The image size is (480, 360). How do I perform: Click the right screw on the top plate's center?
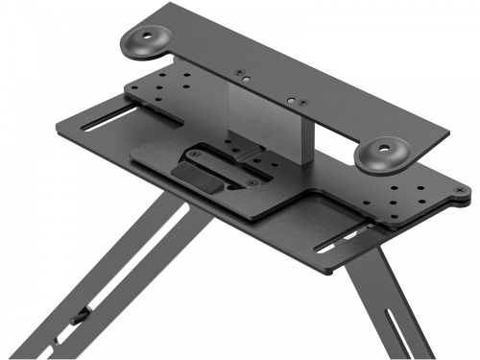tap(294, 99)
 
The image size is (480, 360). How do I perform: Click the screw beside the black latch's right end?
tap(251, 181)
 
